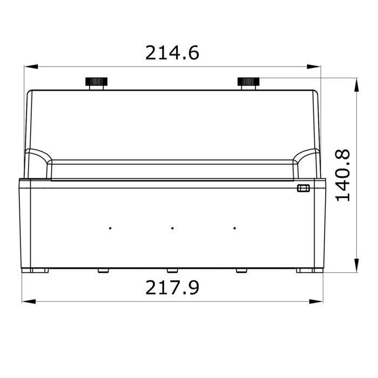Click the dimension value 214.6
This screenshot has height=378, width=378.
[x=172, y=52]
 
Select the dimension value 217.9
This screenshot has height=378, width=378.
[x=172, y=287]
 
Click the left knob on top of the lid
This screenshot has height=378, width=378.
[x=96, y=83]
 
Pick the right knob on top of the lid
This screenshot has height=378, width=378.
[x=248, y=83]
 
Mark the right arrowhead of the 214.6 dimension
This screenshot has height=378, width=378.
[x=314, y=67]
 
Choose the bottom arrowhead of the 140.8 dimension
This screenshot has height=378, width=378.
[x=356, y=265]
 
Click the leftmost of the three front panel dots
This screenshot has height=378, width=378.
[x=110, y=228]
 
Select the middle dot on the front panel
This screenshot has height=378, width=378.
[x=172, y=228]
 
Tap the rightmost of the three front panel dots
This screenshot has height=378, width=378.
[x=234, y=228]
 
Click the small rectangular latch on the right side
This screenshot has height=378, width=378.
[x=302, y=188]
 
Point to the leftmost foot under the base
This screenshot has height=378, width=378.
[x=38, y=271]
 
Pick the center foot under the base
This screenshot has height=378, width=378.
[x=172, y=271]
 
